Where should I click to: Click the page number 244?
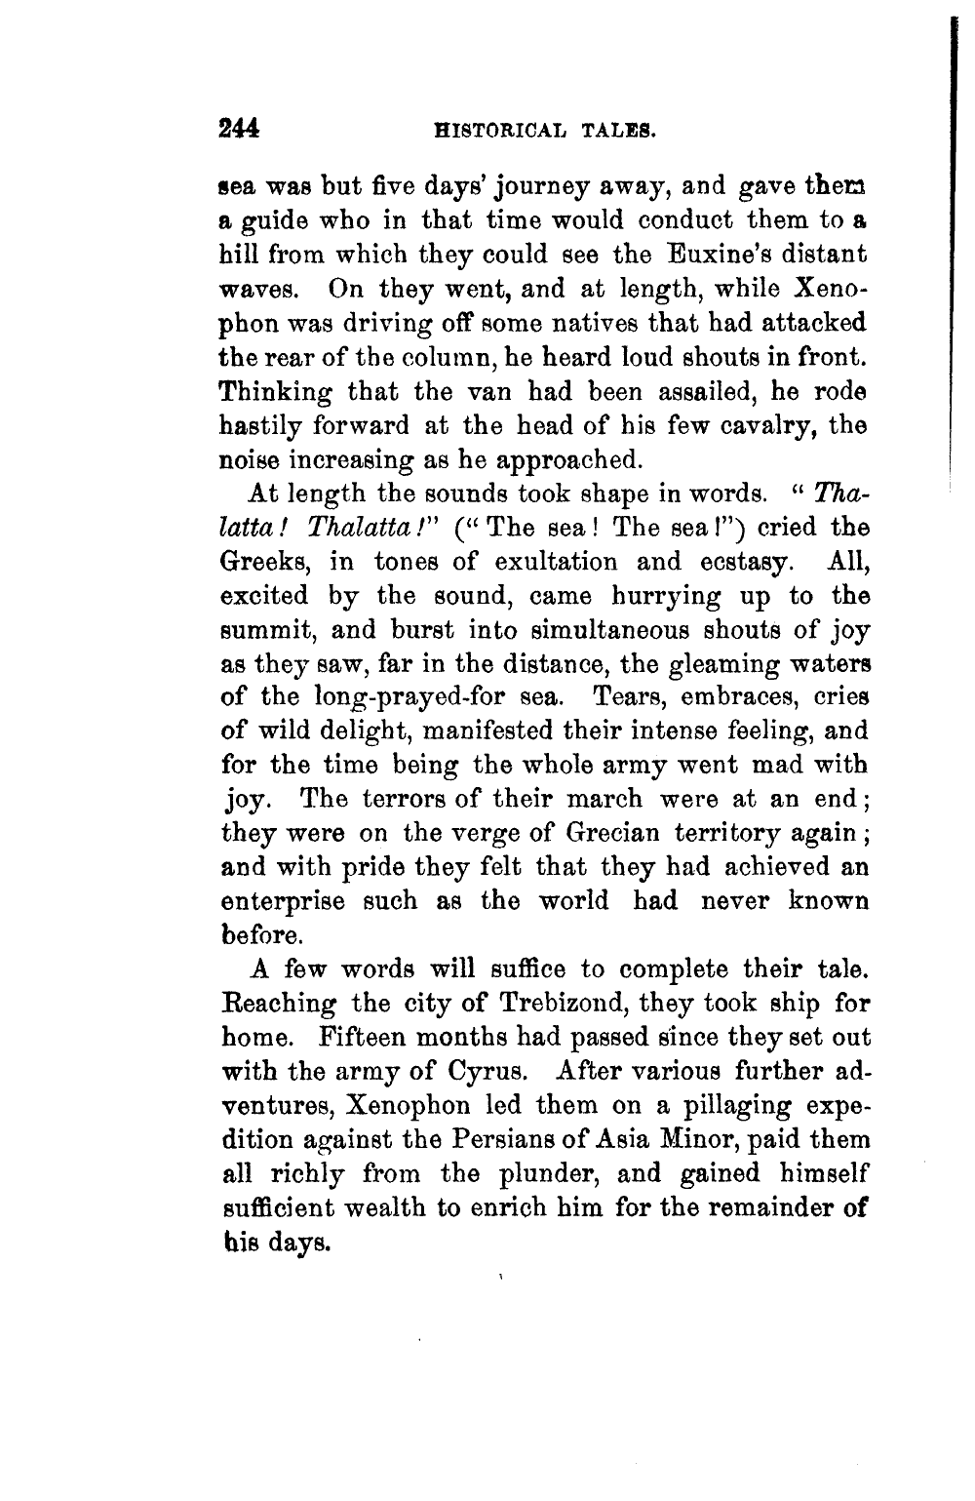(240, 128)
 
